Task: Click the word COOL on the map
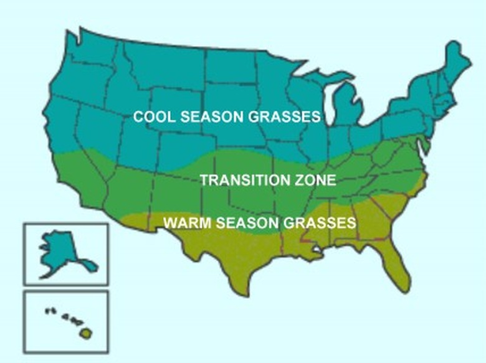coord(151,117)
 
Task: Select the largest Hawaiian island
coord(85,333)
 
